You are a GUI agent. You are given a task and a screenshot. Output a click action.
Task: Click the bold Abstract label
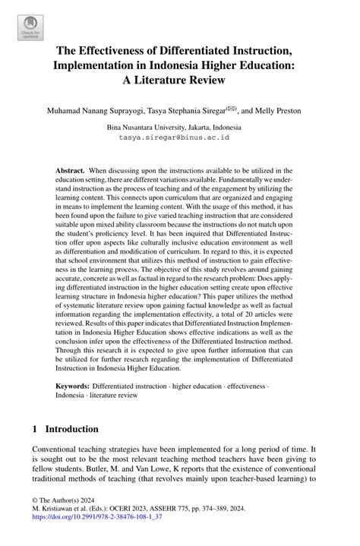[x=71, y=172]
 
